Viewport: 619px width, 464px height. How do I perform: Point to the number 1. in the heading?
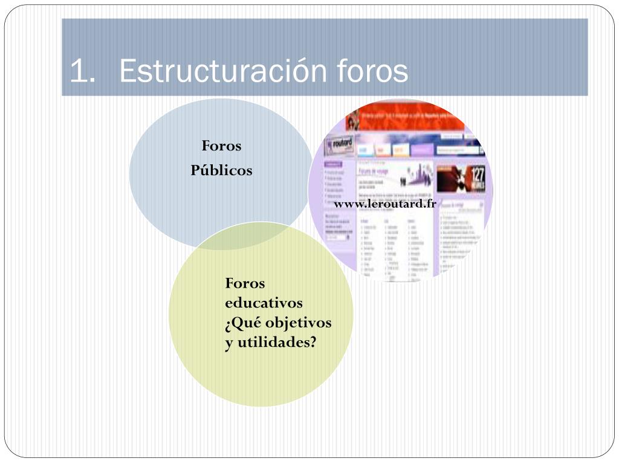tap(83, 72)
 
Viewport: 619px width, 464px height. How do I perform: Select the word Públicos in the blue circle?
tap(221, 170)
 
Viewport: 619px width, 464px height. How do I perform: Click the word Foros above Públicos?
tap(221, 146)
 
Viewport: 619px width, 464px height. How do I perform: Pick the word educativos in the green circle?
tap(264, 303)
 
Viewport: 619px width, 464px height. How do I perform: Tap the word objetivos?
tap(299, 323)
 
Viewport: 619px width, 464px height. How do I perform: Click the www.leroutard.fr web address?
tap(385, 204)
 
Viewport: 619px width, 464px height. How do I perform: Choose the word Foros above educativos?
tap(245, 283)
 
